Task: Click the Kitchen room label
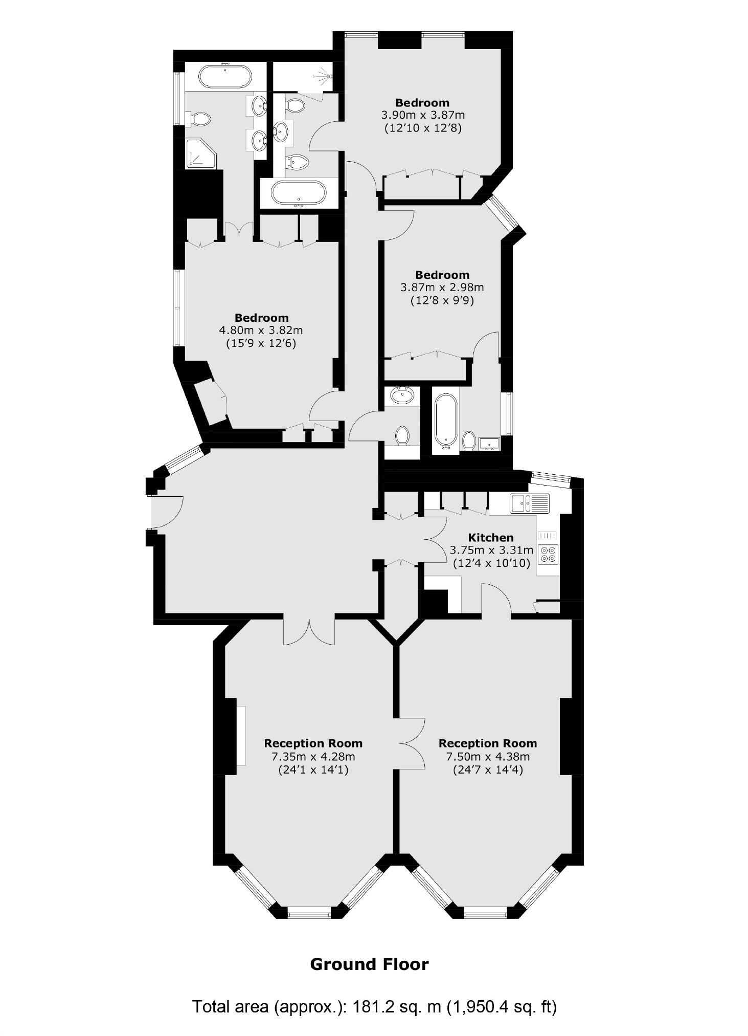click(490, 537)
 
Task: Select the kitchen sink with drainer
click(529, 503)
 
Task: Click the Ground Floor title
click(369, 964)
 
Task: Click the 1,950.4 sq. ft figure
click(502, 1007)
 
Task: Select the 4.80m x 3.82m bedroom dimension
click(261, 330)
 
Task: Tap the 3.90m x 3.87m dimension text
click(422, 115)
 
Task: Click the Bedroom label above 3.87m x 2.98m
click(442, 275)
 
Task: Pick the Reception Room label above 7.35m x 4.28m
click(313, 743)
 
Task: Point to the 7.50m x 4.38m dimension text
click(488, 756)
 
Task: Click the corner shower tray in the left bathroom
click(200, 153)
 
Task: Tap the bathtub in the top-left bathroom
click(225, 77)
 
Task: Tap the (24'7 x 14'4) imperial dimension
click(488, 769)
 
